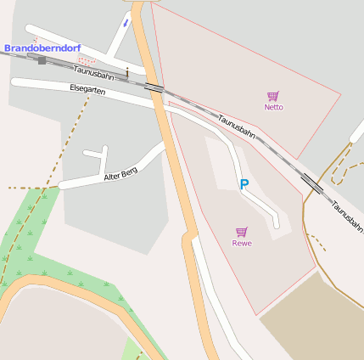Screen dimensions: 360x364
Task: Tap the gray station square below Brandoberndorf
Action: [x=42, y=60]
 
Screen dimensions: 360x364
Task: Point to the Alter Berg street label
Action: [x=120, y=175]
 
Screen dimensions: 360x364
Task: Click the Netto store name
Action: [x=273, y=107]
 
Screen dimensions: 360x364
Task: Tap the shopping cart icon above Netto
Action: [x=272, y=97]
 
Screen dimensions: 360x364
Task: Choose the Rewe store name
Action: [x=242, y=243]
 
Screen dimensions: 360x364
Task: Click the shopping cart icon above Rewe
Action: [x=242, y=232]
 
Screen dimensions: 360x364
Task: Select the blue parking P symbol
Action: [x=244, y=184]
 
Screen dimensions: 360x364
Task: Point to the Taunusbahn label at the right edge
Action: [x=346, y=217]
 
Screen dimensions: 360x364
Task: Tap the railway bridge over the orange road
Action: [x=154, y=87]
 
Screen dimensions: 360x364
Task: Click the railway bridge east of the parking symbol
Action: [x=311, y=183]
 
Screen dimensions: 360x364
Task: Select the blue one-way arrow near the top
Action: [x=126, y=23]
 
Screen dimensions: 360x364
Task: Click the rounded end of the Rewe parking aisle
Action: [x=274, y=223]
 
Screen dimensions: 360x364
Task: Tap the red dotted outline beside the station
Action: [x=87, y=60]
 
